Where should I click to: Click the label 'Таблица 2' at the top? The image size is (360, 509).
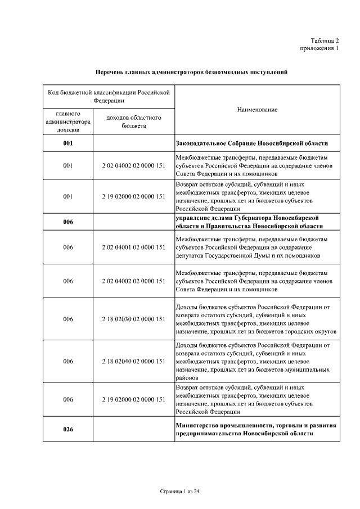(325, 40)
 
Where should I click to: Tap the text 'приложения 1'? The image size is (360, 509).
(319, 49)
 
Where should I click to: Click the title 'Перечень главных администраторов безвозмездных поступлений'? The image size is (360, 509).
(191, 73)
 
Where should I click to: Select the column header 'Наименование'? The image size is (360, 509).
(257, 110)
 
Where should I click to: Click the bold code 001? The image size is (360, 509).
(68, 143)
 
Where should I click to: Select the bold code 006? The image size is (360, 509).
(68, 222)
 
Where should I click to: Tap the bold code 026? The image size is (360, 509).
(68, 430)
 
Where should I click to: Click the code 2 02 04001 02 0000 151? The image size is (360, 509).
(134, 247)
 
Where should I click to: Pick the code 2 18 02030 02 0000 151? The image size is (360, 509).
(134, 319)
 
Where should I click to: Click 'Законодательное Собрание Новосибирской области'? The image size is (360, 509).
(251, 143)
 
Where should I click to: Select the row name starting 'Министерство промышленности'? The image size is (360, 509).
(256, 430)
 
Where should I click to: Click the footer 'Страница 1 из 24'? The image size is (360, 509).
(180, 492)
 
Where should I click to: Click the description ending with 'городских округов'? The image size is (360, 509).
(256, 319)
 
